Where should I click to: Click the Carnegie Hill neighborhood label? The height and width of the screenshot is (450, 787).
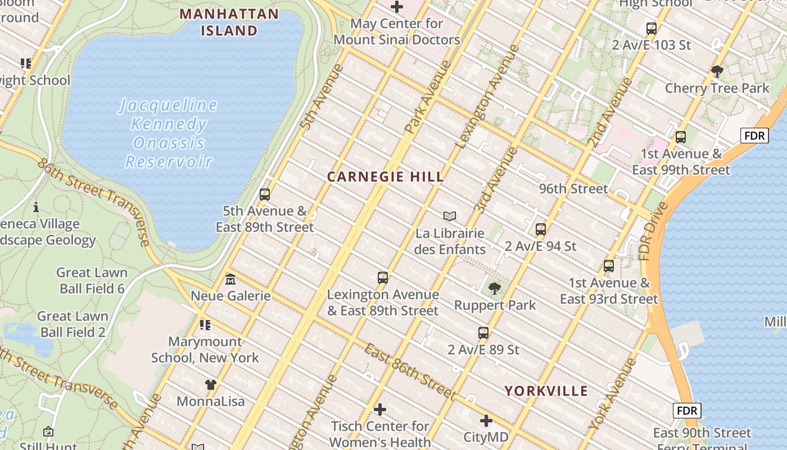coord(386,177)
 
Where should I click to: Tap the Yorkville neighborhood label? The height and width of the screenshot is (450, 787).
coord(546,391)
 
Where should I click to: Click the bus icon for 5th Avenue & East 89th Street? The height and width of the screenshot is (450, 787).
coord(265,195)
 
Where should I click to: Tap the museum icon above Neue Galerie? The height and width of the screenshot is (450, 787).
coord(230,280)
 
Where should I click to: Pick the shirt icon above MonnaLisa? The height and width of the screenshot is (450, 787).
coord(211,385)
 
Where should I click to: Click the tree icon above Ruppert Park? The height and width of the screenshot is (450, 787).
coord(495,289)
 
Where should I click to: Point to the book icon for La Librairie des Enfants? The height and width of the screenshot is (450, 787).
coord(450,216)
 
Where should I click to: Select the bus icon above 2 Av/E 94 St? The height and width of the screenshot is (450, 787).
coord(541,229)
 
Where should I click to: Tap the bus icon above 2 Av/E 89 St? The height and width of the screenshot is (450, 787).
coord(483,333)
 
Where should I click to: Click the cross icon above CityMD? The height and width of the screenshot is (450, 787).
coord(486,420)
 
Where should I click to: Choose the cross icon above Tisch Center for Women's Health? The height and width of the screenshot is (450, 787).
coord(380,409)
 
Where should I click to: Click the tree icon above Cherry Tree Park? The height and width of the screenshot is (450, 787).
coord(717,71)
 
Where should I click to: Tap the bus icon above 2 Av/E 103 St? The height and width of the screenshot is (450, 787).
coord(652,28)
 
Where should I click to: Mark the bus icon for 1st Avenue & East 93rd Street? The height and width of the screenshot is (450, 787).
coord(609,266)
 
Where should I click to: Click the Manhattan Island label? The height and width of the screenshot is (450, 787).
coord(229,22)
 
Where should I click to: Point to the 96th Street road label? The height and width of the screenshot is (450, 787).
coord(573,189)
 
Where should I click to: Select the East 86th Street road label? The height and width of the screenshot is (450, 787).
coord(409,371)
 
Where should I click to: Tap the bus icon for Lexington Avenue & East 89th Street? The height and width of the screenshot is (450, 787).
coord(383,278)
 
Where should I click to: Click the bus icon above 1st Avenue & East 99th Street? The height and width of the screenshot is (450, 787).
coord(681,137)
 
